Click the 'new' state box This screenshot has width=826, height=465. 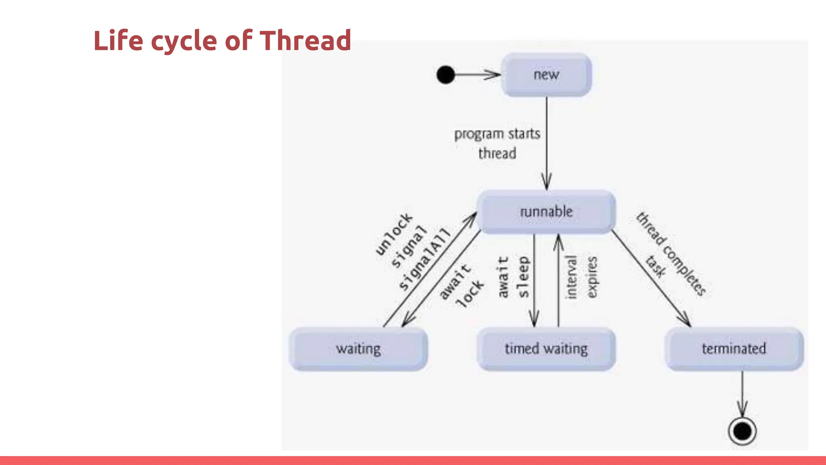(x=546, y=75)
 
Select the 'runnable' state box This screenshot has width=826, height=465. (x=546, y=212)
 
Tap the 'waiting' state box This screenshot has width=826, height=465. (x=358, y=349)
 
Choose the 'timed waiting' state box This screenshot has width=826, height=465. (x=546, y=349)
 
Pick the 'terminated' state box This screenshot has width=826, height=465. (x=734, y=349)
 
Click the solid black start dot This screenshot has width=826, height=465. (x=446, y=75)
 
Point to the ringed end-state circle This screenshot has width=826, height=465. (x=742, y=431)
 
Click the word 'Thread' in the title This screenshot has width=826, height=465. (x=305, y=41)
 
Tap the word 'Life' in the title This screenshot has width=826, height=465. (x=118, y=41)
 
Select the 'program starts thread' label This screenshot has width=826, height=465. (x=497, y=143)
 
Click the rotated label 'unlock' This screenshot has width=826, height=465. (x=394, y=234)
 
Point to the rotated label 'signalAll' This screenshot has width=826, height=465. (x=424, y=259)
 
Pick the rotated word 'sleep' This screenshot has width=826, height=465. (x=523, y=277)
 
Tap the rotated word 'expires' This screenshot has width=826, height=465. (x=591, y=277)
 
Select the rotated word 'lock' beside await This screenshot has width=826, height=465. (x=469, y=293)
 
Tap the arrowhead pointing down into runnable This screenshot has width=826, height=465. (x=546, y=182)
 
